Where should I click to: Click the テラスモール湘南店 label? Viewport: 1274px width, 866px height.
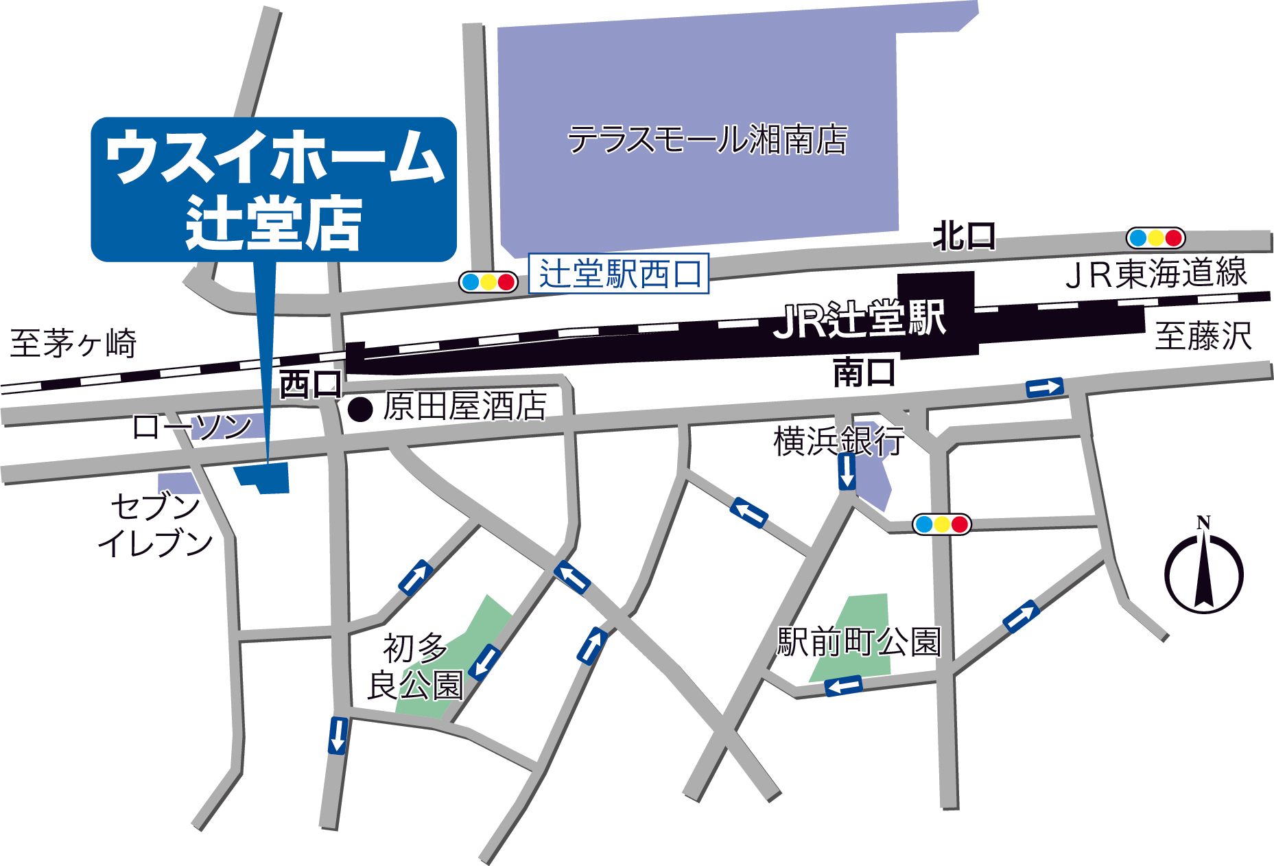707,140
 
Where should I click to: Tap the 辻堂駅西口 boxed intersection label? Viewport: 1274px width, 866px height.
620,274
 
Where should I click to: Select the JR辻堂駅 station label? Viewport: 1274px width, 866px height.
860,320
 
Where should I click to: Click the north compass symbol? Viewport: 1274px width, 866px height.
1203,570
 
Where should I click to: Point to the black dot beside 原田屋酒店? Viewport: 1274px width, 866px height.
361,410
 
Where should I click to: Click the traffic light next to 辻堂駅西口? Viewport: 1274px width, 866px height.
488,282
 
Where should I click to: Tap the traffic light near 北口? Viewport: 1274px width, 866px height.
1155,238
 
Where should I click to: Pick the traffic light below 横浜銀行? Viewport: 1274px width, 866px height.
942,524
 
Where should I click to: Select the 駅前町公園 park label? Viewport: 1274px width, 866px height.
858,642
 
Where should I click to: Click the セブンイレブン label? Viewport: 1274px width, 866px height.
155,525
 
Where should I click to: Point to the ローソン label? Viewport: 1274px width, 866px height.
192,428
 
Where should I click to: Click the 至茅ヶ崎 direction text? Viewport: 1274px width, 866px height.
74,343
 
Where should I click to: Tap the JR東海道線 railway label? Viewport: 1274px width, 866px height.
1156,272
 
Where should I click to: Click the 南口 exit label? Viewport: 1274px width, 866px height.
864,372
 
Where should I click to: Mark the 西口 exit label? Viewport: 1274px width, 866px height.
311,385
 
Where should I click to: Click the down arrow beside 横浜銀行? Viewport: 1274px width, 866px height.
847,471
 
